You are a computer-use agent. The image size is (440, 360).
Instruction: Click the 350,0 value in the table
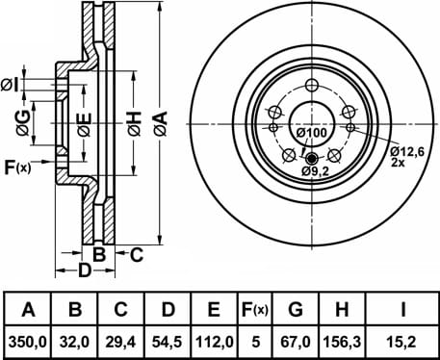point(28,342)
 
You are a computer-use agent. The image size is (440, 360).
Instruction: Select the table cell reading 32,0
point(74,342)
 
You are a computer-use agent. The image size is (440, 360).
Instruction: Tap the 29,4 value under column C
point(120,342)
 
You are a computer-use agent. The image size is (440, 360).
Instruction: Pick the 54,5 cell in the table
point(168,342)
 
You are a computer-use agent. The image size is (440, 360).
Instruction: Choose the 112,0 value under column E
point(214,342)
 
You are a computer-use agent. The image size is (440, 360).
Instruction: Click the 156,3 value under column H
point(342,342)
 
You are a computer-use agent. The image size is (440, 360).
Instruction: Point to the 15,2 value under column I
point(402,342)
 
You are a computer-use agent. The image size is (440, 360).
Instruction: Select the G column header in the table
point(296,310)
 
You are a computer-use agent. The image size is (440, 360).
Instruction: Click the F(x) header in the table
point(254,310)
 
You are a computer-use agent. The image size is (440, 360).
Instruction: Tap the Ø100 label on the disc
point(311,133)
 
